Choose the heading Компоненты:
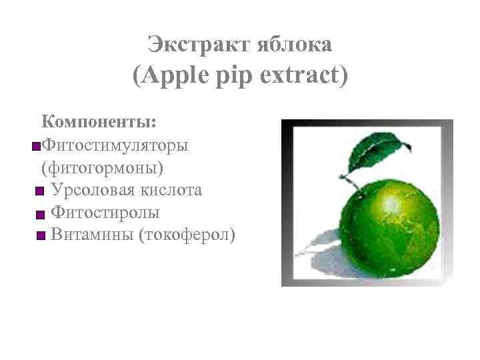pyautogui.click(x=99, y=122)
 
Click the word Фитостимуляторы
pyautogui.click(x=114, y=145)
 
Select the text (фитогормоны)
pyautogui.click(x=101, y=167)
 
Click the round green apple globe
pyautogui.click(x=390, y=230)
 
